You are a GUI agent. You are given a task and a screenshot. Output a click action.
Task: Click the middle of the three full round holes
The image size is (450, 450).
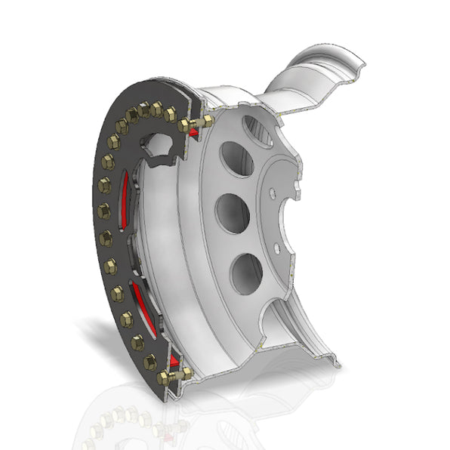coord(233,214)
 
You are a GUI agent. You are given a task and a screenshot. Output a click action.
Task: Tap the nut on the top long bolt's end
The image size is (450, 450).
coord(205,119)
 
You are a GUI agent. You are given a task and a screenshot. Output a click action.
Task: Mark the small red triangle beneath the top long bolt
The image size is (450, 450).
coord(194,134)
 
